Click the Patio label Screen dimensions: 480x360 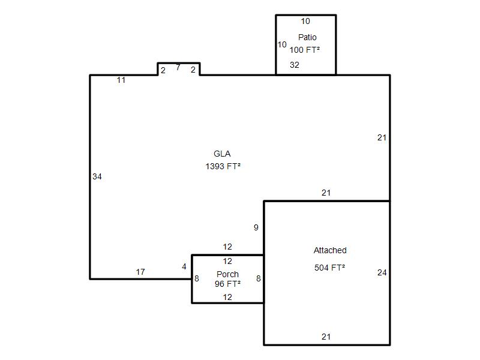(x=307, y=37)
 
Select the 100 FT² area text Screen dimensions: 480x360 (x=305, y=50)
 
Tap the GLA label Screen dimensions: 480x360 (x=222, y=154)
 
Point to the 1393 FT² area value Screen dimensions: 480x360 (x=223, y=166)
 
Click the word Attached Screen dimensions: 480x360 (x=330, y=250)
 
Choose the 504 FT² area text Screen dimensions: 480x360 (x=329, y=268)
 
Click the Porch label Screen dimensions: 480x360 (x=227, y=274)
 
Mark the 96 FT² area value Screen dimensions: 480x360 (x=227, y=284)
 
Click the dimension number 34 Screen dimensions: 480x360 (x=97, y=176)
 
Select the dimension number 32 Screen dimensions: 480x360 (x=295, y=65)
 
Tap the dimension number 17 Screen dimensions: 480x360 (x=140, y=272)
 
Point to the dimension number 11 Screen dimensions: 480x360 (x=121, y=80)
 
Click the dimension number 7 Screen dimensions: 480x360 (x=178, y=67)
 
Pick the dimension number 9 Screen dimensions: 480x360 (x=256, y=227)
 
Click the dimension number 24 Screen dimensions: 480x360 (x=382, y=272)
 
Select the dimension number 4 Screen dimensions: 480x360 (x=184, y=266)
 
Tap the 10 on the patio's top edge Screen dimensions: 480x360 (x=305, y=21)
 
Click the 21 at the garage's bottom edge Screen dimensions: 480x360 (x=326, y=337)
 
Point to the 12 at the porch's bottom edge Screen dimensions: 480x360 (x=227, y=297)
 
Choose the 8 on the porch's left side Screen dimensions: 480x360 (x=197, y=278)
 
